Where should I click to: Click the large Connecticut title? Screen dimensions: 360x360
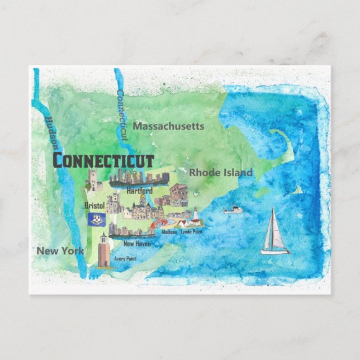coord(103,160)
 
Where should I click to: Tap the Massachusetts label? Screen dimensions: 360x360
coord(168,126)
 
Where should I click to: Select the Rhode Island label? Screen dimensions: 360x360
coord(220,173)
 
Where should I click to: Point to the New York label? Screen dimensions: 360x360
coord(60,251)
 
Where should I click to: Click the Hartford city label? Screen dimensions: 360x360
coord(139,191)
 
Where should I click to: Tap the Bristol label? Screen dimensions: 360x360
coord(94,205)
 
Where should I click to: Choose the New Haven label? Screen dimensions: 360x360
coord(136,244)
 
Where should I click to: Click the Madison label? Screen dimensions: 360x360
coord(169,231)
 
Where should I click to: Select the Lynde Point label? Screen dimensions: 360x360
coord(192,231)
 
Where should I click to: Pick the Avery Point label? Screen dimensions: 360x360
coord(125,259)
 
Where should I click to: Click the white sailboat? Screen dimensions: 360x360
coord(274,232)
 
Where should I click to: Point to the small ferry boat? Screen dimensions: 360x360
coord(233,210)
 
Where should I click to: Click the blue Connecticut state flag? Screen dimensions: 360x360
coord(97,220)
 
